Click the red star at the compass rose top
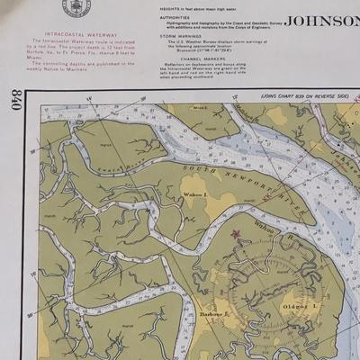tap(238, 234)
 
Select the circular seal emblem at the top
tap(76, 7)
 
